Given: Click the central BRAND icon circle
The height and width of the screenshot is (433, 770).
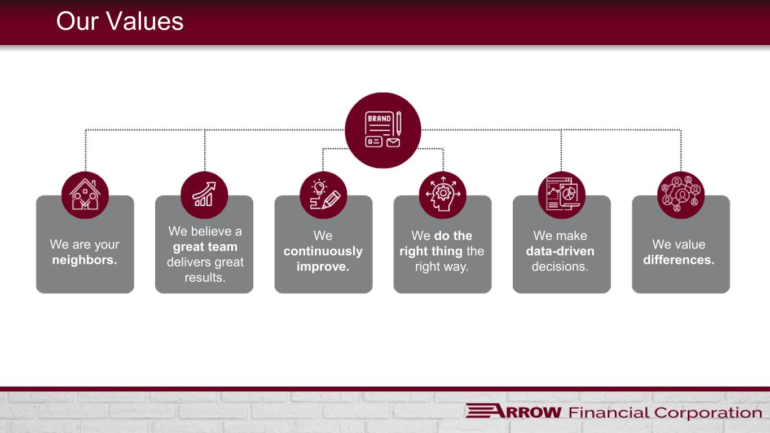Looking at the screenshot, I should click(x=383, y=130).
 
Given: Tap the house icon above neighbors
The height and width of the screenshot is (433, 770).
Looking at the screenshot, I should click(x=85, y=195).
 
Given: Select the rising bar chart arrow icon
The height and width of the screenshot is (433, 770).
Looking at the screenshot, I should click(x=204, y=195).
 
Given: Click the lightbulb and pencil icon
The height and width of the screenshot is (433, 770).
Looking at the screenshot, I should click(x=323, y=195).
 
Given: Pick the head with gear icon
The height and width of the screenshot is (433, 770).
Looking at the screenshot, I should click(x=443, y=195).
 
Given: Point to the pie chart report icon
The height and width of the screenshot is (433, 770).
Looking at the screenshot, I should click(x=562, y=195).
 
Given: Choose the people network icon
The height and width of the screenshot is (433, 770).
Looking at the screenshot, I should click(x=681, y=195).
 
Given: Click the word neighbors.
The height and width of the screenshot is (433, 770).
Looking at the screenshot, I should click(x=85, y=260).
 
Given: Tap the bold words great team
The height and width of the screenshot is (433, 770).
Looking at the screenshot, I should click(x=205, y=247).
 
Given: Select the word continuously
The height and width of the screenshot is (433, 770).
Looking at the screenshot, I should click(x=323, y=251).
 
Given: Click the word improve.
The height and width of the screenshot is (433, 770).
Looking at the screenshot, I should click(x=323, y=267).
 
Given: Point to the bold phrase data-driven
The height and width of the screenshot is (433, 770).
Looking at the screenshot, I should click(x=560, y=251).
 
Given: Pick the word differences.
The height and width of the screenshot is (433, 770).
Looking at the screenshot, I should click(x=679, y=260).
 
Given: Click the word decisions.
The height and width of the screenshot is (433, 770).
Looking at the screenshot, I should click(x=560, y=267).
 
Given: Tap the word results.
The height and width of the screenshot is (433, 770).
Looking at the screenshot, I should click(x=205, y=277).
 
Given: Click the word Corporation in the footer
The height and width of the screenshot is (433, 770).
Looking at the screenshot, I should click(x=708, y=413).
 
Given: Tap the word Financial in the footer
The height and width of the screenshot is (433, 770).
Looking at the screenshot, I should click(x=609, y=413).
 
